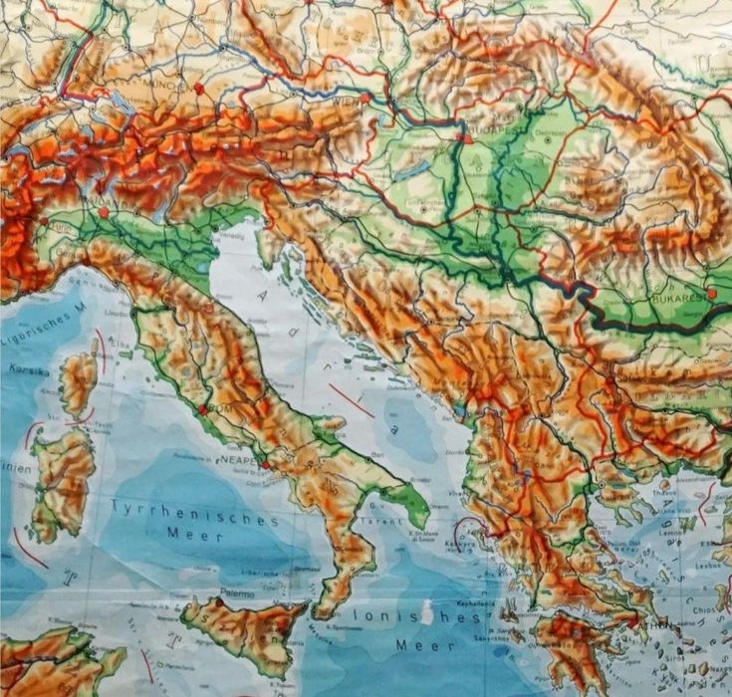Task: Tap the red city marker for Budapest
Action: (x=465, y=139)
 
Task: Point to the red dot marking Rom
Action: (x=203, y=409)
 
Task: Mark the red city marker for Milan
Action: (x=103, y=211)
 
